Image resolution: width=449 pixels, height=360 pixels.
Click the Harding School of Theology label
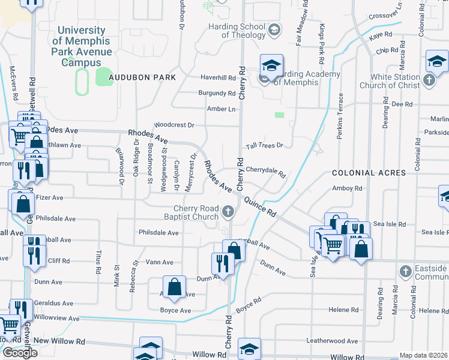[237, 31]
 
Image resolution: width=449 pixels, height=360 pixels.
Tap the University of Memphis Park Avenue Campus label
[82, 46]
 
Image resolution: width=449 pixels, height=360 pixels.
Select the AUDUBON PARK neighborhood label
[142, 78]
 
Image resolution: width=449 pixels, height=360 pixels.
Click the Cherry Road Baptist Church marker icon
[228, 211]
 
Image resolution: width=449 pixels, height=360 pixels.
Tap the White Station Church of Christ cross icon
[429, 80]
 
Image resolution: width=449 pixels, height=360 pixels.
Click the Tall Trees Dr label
[264, 146]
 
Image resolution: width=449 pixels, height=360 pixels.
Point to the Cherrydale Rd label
[265, 170]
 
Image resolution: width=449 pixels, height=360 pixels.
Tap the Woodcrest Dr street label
[174, 125]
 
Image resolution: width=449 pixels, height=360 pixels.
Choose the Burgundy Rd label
[217, 94]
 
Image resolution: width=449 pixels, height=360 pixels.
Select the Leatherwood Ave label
[331, 341]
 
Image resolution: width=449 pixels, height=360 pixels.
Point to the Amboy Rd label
[348, 188]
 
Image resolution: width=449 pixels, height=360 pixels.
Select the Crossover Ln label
[385, 14]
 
